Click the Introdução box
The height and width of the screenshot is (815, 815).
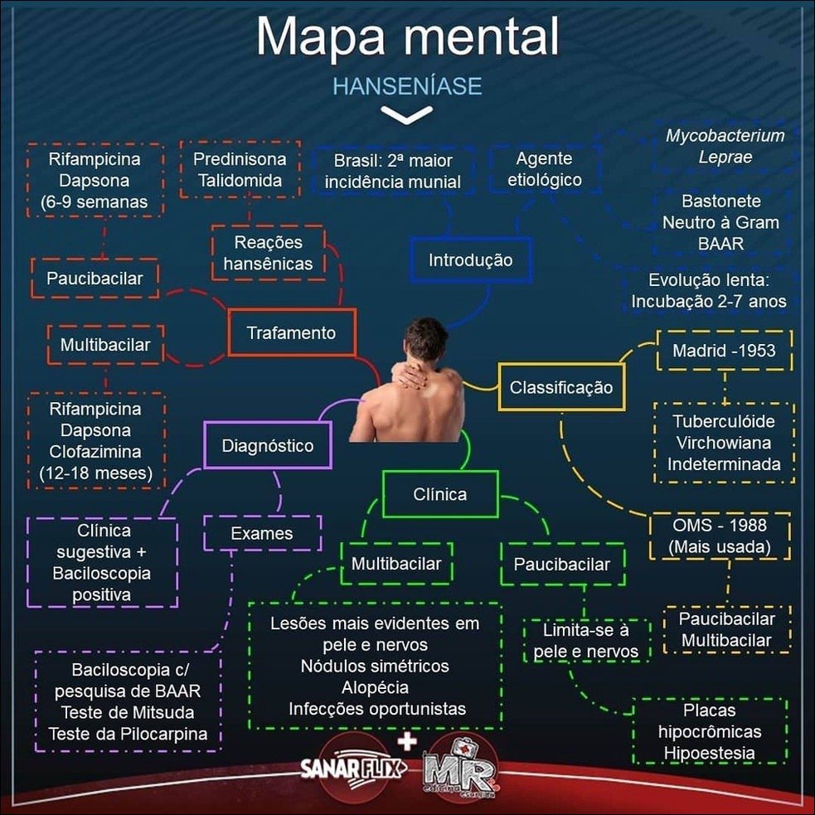point(470,260)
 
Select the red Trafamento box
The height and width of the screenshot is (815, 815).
point(291,332)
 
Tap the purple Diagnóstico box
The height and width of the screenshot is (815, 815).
point(267,445)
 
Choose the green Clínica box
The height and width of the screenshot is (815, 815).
point(439,494)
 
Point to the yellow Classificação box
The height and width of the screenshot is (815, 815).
point(561,387)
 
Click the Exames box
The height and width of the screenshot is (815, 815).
point(261,533)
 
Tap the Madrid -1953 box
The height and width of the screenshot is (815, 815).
point(724,350)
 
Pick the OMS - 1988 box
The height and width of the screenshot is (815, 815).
point(719,536)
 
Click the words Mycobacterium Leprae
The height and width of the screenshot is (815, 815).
point(725,146)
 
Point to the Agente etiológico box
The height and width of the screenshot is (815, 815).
point(543,169)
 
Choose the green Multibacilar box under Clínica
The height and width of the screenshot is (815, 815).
point(395,565)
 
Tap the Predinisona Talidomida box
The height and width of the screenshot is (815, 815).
point(240,169)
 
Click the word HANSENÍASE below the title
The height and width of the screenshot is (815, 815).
point(406,86)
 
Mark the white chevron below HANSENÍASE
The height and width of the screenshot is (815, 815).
point(406,115)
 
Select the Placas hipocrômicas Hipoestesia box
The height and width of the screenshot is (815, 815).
point(709,732)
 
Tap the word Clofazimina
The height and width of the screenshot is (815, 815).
point(95,453)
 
